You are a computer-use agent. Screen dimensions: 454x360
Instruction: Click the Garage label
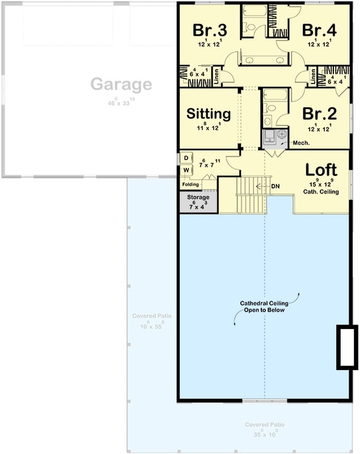[x=121, y=85]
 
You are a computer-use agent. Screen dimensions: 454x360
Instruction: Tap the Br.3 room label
[x=209, y=30]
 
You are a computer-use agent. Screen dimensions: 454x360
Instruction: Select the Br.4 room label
[x=319, y=30]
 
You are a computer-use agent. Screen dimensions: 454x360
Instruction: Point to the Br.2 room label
[x=319, y=113]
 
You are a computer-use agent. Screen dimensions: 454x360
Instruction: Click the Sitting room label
[x=209, y=114]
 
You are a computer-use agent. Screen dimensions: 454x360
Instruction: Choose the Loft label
[x=321, y=169]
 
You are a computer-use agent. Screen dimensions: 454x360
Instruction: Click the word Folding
[x=190, y=184]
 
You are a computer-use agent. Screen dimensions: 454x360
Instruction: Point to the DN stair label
[x=276, y=186]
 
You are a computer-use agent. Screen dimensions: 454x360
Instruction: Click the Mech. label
[x=300, y=143]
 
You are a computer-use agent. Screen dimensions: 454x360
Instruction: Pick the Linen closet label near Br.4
[x=313, y=77]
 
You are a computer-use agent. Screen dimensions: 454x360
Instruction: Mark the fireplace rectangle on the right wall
[x=346, y=347]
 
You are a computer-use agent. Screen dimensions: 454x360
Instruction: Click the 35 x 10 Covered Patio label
[x=265, y=430]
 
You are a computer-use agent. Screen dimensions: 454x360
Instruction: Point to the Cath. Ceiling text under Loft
[x=321, y=192]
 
